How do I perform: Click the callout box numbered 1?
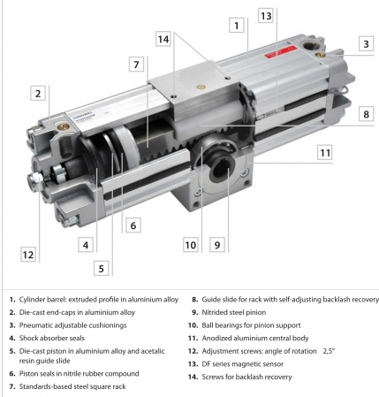coord(237,26)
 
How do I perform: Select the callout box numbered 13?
coord(266,15)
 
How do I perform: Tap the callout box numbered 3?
coord(366,44)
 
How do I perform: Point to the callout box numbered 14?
coord(163,39)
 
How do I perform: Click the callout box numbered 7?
coord(136,65)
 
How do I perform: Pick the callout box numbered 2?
coord(38,93)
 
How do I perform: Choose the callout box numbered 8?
coord(366,114)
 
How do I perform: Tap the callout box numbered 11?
coord(325,152)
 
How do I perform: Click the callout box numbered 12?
coord(28,255)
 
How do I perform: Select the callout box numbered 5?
coord(102,268)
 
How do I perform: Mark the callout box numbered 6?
coord(133,225)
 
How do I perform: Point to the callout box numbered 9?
coord(217,245)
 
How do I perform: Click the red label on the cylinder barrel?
coord(276,53)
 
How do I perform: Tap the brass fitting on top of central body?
coord(201,87)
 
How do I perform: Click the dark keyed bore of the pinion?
coord(221,170)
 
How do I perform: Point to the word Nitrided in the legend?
coord(215,312)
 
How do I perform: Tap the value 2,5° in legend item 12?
coord(329,351)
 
